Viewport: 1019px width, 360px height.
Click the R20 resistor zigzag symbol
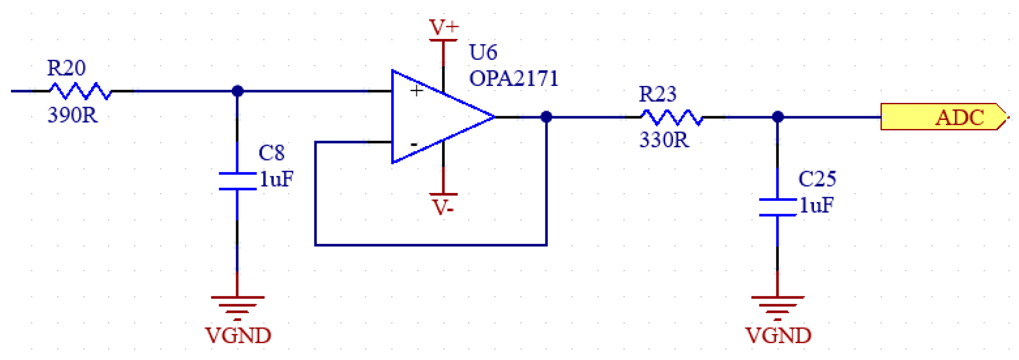click(81, 91)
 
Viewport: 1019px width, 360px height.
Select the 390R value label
click(72, 115)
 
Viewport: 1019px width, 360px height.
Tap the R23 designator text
click(657, 94)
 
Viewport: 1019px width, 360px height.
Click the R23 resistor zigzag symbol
click(671, 118)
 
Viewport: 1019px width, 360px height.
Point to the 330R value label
click(664, 140)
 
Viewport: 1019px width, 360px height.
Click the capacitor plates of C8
click(237, 181)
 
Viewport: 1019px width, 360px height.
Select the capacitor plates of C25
click(777, 207)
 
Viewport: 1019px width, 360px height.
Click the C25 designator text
click(817, 179)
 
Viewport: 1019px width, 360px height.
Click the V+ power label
click(443, 27)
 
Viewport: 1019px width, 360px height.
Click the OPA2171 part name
click(513, 79)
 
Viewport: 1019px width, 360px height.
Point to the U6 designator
click(483, 53)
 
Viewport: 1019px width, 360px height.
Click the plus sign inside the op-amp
click(416, 91)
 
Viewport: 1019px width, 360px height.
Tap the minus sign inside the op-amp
click(414, 144)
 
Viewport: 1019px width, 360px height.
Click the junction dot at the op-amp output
click(546, 117)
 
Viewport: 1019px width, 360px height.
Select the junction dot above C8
click(237, 91)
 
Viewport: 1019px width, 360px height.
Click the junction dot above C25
click(777, 117)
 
